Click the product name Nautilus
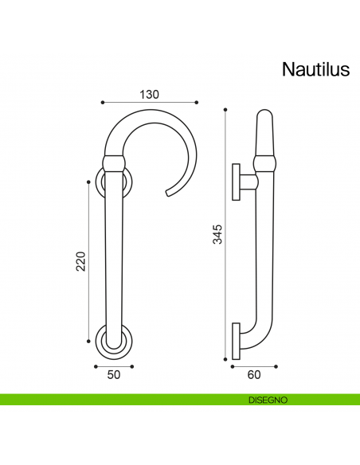click(315, 70)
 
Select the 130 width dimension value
click(150, 94)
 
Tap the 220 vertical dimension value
click(80, 260)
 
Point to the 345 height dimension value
click(217, 232)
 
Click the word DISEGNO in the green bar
click(267, 399)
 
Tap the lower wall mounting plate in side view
click(236, 340)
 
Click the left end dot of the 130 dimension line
click(103, 103)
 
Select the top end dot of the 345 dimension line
click(226, 109)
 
